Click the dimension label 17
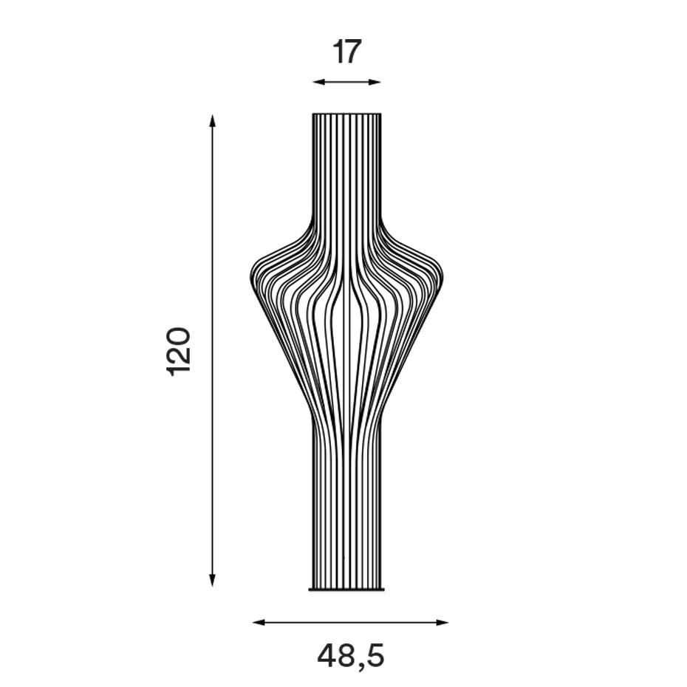coord(346,52)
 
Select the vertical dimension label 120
coord(179,351)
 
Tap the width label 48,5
coord(351,655)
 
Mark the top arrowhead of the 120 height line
coord(212,120)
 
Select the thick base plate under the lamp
coord(346,589)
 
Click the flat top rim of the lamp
coord(346,114)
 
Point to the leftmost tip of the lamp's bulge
coord(251,278)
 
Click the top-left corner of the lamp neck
coord(313,115)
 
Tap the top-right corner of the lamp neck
coord(381,115)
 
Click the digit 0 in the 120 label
coord(179,337)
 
